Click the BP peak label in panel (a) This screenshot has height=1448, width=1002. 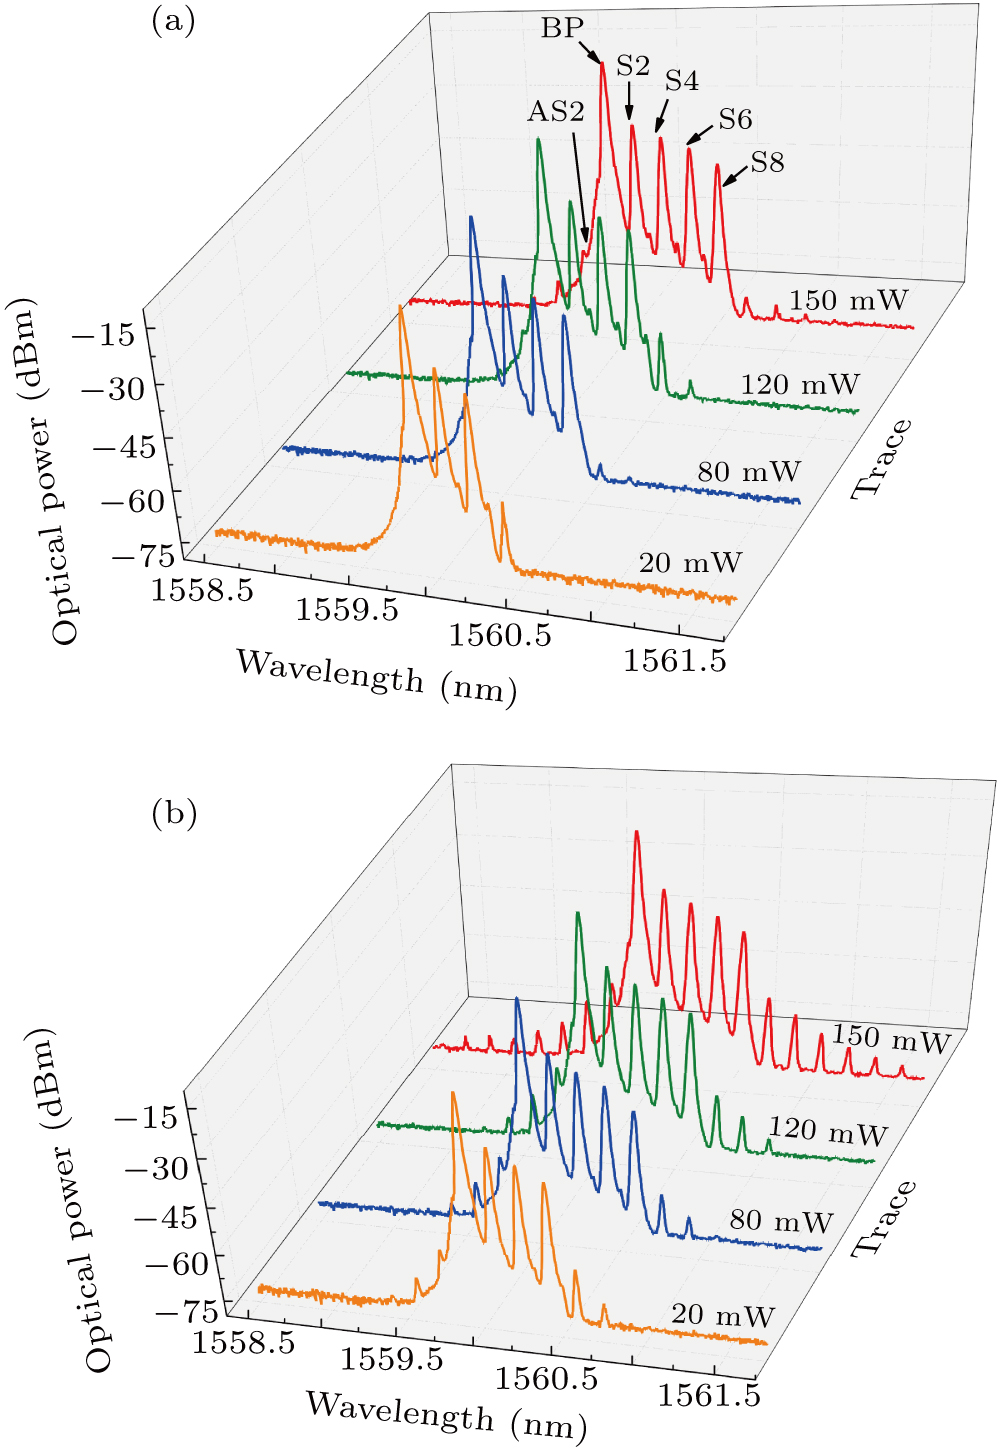point(562,28)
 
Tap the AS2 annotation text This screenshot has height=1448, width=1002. point(555,111)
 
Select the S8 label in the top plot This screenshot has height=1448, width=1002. point(767,162)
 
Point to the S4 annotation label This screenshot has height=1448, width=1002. point(682,81)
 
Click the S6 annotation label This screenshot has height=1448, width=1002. point(735,120)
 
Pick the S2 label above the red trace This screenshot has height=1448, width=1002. point(633,66)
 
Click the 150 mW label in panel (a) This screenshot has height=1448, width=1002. point(848,300)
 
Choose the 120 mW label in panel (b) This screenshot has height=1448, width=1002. point(828,1131)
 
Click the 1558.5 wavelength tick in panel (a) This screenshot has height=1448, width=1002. point(202,589)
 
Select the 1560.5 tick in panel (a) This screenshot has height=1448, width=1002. point(500,634)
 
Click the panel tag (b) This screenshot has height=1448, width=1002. point(174,813)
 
